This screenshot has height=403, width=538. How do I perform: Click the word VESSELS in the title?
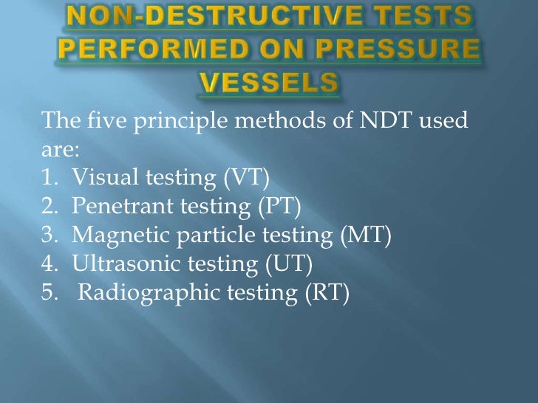268,83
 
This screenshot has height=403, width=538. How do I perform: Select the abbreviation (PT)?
279,207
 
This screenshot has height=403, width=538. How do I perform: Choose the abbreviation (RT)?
325,293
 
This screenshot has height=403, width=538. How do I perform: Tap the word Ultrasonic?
121,264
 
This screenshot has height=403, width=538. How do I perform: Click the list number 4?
50,264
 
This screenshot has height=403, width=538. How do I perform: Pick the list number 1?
50,178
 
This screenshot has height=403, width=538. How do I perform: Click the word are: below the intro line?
60,149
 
